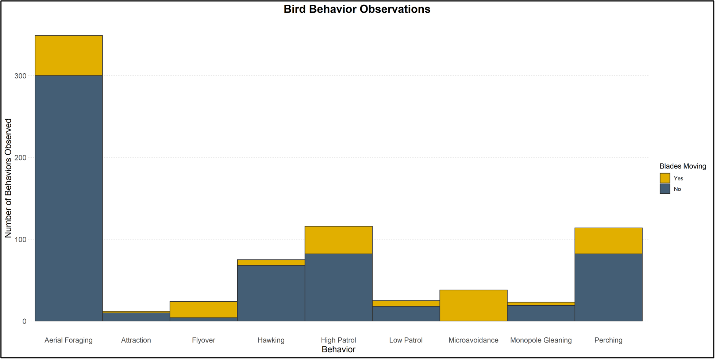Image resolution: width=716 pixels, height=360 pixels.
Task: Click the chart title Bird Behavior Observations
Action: click(357, 9)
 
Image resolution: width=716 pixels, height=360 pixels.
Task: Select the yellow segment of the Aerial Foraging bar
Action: click(69, 55)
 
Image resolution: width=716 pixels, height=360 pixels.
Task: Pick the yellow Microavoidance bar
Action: click(473, 305)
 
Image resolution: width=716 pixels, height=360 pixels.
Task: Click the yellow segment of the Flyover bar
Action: click(204, 309)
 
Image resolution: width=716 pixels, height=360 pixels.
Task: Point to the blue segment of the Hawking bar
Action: click(271, 293)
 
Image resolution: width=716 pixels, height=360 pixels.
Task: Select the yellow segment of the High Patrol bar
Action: click(338, 240)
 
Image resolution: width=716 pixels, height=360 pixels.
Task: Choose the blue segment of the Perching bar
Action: click(608, 287)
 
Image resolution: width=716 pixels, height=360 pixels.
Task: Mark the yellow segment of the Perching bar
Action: click(608, 241)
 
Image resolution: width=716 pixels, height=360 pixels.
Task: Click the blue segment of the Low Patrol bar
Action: click(406, 314)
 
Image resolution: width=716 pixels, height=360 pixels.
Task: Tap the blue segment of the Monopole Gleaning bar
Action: click(541, 313)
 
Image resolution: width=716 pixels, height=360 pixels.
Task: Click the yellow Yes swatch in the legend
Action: click(665, 178)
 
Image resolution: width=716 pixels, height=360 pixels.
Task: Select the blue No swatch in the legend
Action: click(665, 189)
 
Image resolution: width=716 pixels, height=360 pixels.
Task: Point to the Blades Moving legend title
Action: click(682, 166)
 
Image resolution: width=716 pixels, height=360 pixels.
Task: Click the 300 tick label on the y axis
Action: click(20, 76)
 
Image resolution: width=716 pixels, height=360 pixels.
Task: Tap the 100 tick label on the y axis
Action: click(20, 240)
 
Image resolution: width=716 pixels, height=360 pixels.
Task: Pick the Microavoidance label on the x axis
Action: click(473, 340)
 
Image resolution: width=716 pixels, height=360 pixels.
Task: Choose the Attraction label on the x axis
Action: click(136, 340)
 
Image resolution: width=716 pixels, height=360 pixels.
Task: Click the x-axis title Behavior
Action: click(338, 349)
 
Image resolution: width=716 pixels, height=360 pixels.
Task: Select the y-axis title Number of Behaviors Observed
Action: click(8, 178)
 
